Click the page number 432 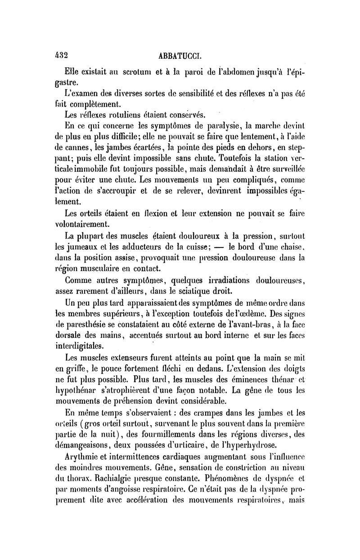click(x=58, y=55)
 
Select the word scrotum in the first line click(x=132, y=72)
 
